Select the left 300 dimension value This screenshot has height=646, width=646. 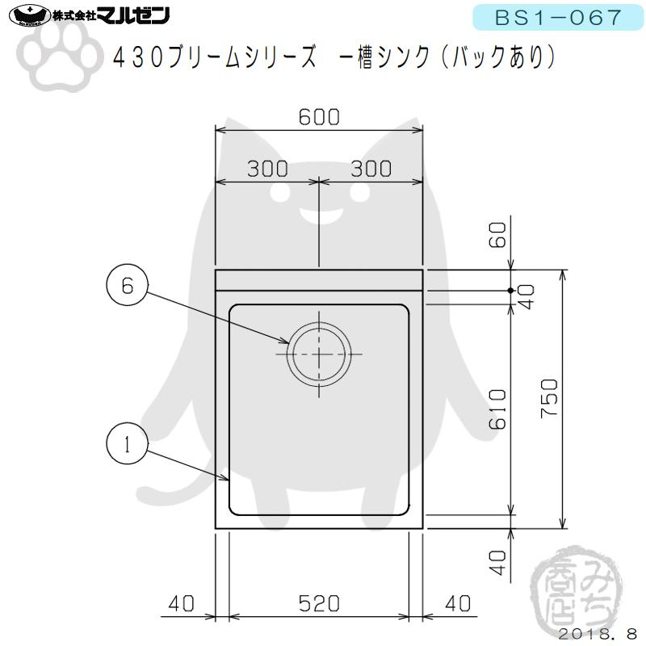[x=267, y=168]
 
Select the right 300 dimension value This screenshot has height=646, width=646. [x=371, y=168]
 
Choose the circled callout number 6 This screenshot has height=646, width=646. [x=126, y=285]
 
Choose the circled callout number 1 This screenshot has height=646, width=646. [x=126, y=444]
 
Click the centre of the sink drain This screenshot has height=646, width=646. [x=321, y=354]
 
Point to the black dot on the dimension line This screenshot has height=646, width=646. [x=511, y=289]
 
